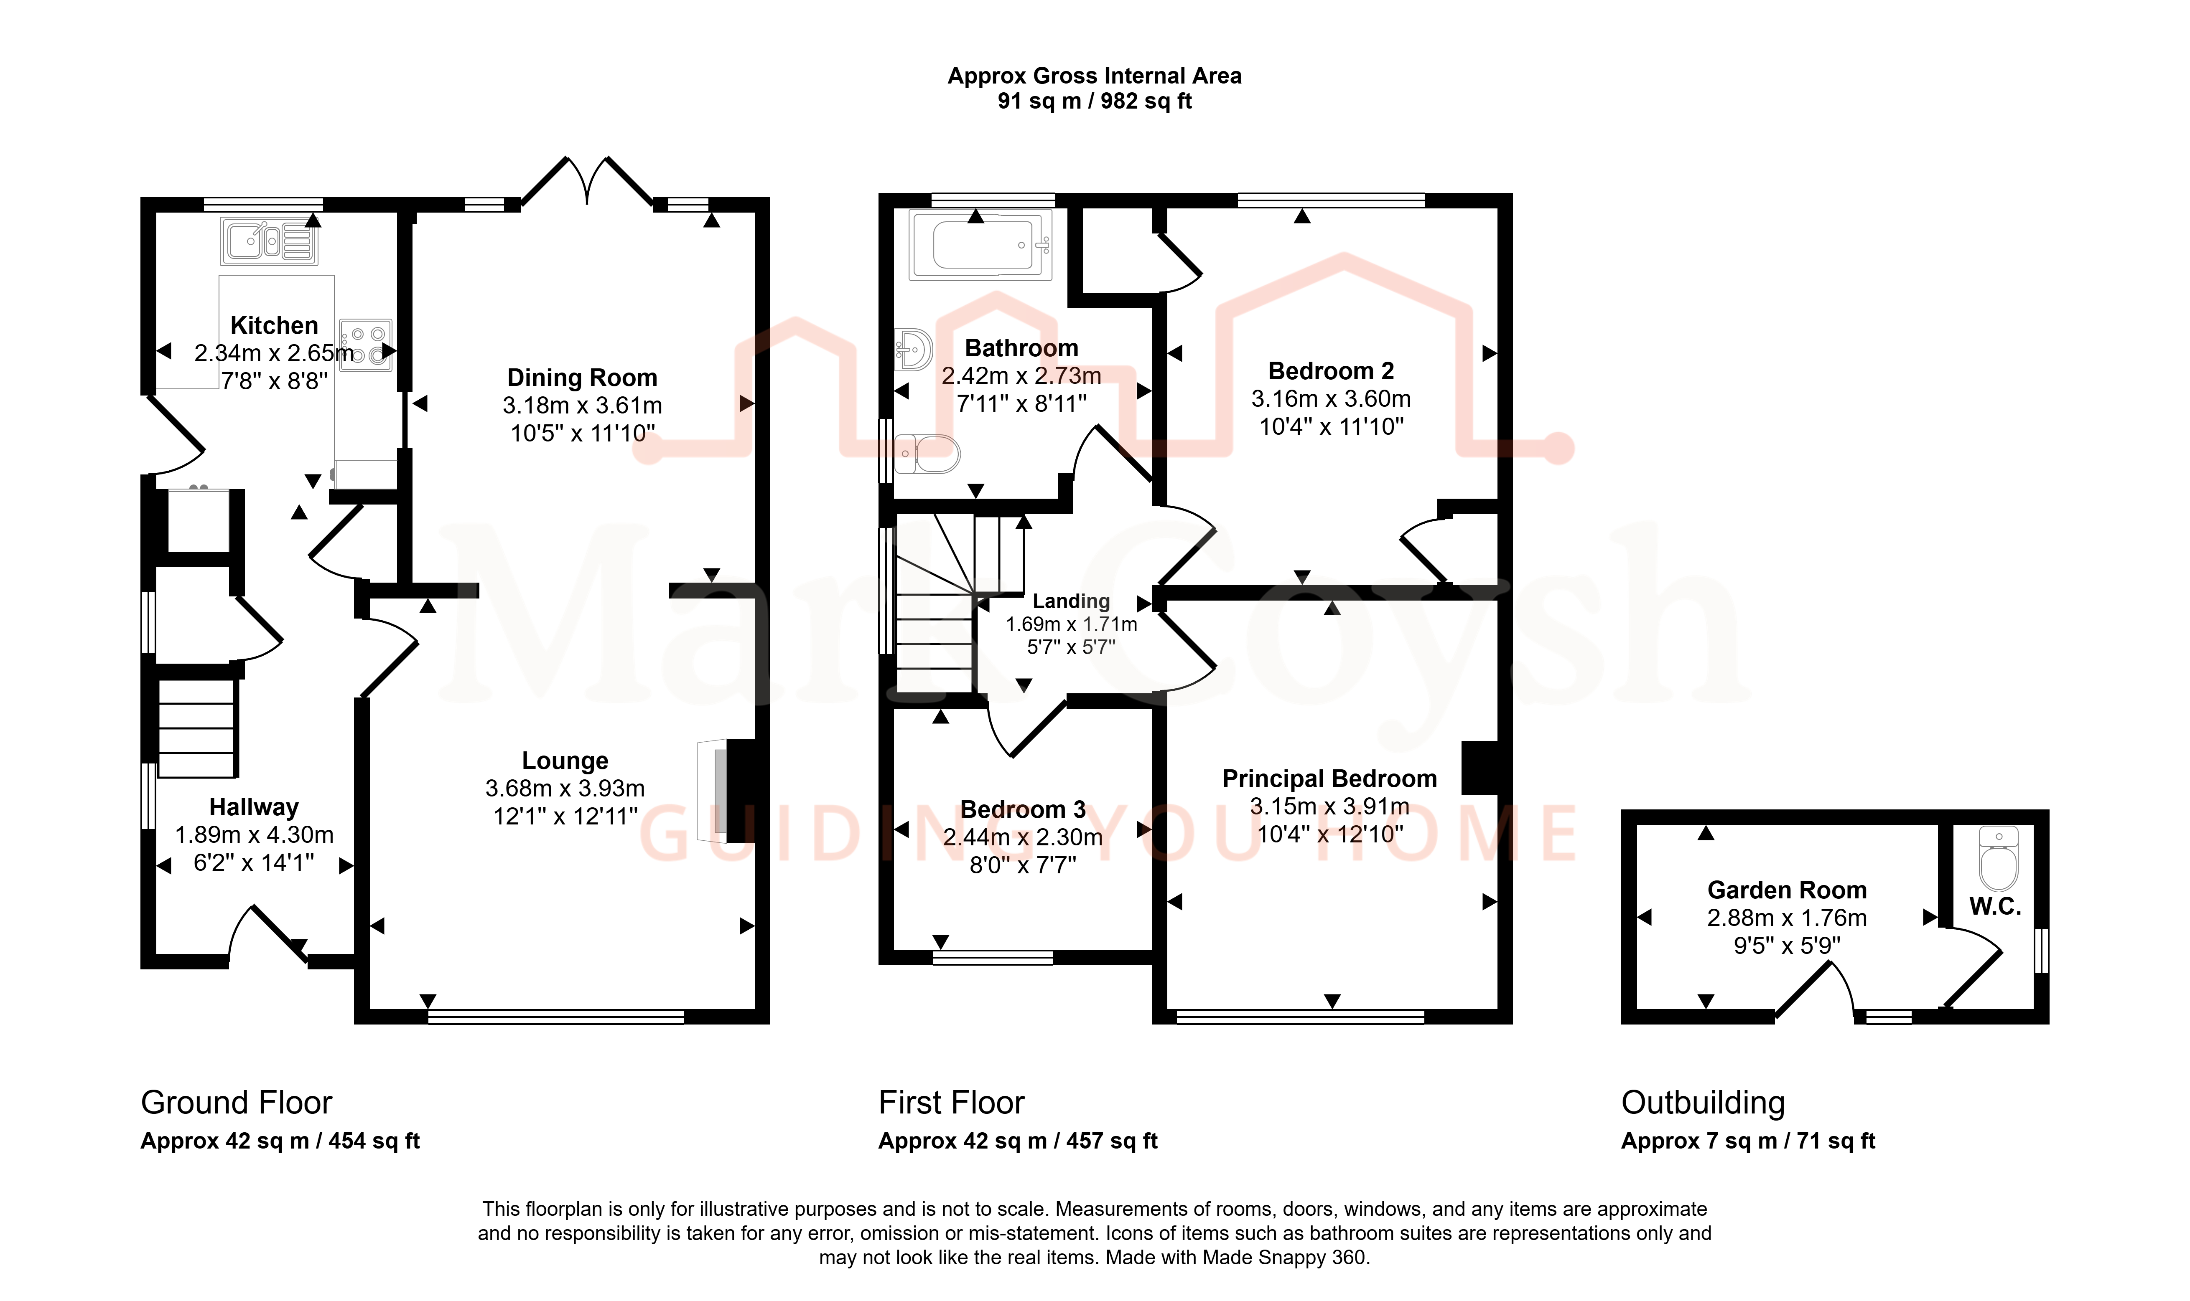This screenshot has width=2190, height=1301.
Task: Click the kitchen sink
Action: click(x=268, y=241)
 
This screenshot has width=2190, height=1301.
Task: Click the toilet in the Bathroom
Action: click(x=927, y=454)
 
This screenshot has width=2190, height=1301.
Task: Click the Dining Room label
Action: click(x=582, y=378)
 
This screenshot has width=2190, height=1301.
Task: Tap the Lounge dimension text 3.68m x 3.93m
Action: click(x=565, y=788)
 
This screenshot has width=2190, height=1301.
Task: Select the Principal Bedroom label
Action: click(x=1329, y=779)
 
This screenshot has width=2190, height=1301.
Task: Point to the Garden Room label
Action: click(x=1787, y=890)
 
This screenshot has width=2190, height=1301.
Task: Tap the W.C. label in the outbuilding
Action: click(x=1995, y=906)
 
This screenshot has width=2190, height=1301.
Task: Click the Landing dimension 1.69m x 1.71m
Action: click(x=1071, y=624)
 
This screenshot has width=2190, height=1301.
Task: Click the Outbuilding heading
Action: click(x=1702, y=1102)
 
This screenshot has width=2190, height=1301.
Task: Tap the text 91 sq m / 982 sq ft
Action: click(x=1095, y=101)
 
